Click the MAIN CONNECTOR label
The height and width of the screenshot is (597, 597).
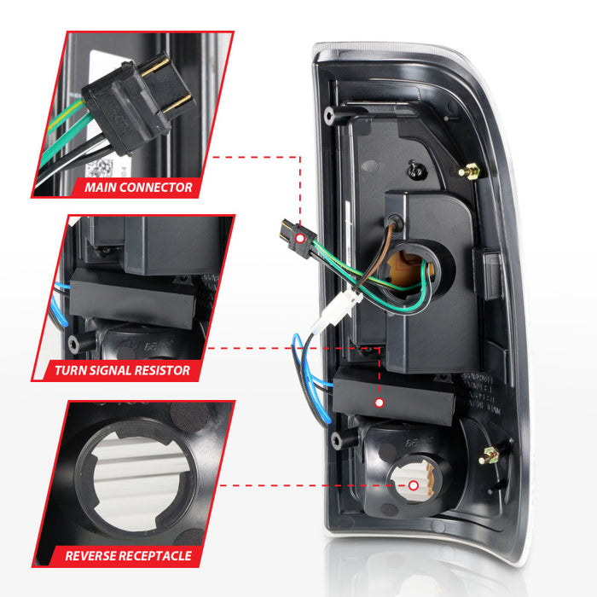tap(138, 187)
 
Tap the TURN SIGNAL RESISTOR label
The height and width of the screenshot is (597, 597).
tap(122, 371)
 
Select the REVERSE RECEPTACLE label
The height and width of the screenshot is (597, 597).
tap(128, 556)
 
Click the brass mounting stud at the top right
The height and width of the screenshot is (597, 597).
tap(468, 171)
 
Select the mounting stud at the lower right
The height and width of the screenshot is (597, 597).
tap(489, 455)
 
